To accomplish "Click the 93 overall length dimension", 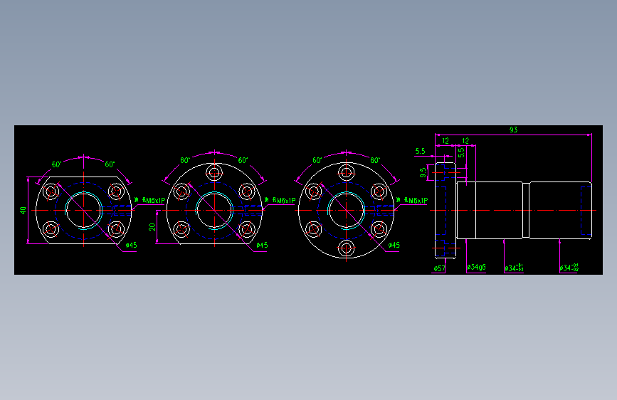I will click(513, 130).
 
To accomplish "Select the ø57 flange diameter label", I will click(439, 268).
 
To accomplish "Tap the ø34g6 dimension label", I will click(476, 268).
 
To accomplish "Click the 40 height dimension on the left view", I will click(23, 210).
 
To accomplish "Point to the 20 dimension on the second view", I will click(152, 226).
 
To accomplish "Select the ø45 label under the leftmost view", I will click(131, 246).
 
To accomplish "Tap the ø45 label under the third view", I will click(394, 246).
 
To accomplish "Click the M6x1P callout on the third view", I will click(415, 201).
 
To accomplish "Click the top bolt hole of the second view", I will click(214, 172).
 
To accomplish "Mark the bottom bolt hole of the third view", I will click(347, 248).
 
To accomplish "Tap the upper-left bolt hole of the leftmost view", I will click(51, 191).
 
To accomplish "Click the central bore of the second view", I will click(214, 210).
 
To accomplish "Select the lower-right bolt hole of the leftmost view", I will click(116, 229).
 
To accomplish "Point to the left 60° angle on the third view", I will click(317, 161).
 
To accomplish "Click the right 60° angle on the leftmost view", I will click(110, 164).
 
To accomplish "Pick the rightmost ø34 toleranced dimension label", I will click(569, 268).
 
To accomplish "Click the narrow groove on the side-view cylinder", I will click(526, 210).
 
